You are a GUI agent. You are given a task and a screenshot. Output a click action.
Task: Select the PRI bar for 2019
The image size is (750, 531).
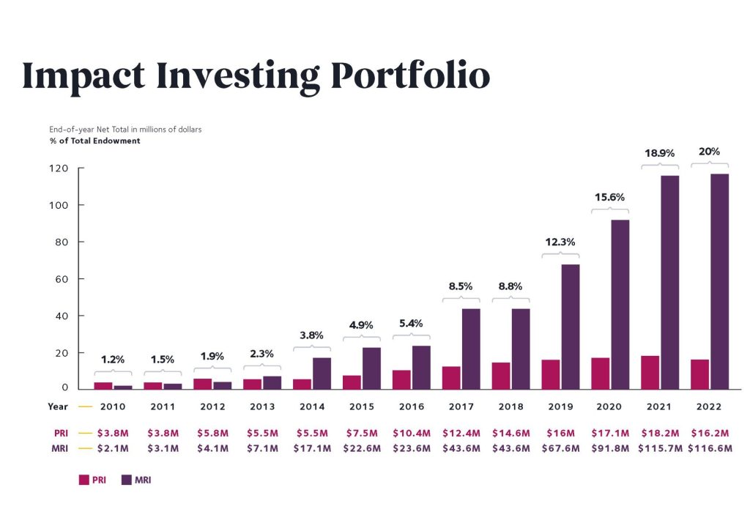(x=551, y=374)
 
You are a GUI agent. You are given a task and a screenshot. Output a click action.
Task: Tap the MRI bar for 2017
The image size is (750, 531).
(x=471, y=349)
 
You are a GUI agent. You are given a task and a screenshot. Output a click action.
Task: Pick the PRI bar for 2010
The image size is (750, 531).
(x=103, y=385)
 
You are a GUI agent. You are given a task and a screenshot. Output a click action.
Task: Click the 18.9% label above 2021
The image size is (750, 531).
(x=659, y=153)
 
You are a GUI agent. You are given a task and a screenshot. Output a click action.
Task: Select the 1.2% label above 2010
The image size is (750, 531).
(x=113, y=360)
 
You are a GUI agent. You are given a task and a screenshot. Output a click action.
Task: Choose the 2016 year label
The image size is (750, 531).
(x=411, y=406)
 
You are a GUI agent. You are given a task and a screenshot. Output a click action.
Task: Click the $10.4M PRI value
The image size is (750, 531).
(x=411, y=434)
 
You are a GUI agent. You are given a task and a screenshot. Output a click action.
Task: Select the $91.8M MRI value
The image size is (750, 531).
(x=610, y=448)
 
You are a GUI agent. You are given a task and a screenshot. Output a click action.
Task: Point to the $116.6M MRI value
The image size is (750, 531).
(x=710, y=448)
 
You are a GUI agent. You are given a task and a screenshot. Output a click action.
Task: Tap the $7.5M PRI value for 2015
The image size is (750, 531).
(x=361, y=434)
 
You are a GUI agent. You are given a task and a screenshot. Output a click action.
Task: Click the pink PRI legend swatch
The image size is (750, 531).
(x=83, y=480)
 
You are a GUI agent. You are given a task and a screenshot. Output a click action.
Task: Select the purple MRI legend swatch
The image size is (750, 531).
(x=125, y=480)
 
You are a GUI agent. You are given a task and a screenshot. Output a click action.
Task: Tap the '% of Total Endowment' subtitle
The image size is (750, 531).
(x=94, y=141)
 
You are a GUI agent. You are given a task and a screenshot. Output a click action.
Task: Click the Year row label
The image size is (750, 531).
(x=59, y=406)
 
